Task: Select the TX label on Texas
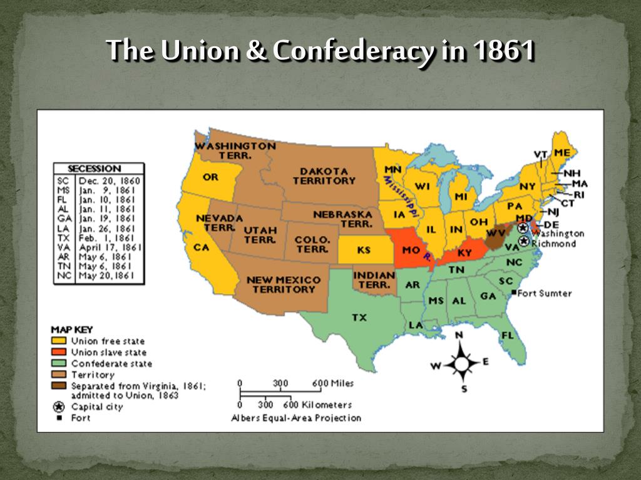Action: [359, 317]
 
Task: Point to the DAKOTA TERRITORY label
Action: [324, 176]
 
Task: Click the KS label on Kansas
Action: [364, 250]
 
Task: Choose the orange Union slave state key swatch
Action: [59, 352]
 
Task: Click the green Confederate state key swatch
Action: [59, 363]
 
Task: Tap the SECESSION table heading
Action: [95, 169]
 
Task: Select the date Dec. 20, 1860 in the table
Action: [110, 181]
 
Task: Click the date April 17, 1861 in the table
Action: [110, 247]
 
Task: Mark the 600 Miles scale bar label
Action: [333, 383]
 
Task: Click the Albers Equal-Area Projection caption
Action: [296, 417]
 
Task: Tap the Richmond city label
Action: [554, 243]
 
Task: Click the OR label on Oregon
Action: [210, 177]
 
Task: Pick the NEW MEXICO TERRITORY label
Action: [284, 284]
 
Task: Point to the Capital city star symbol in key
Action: [60, 407]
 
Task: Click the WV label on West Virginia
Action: [496, 232]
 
